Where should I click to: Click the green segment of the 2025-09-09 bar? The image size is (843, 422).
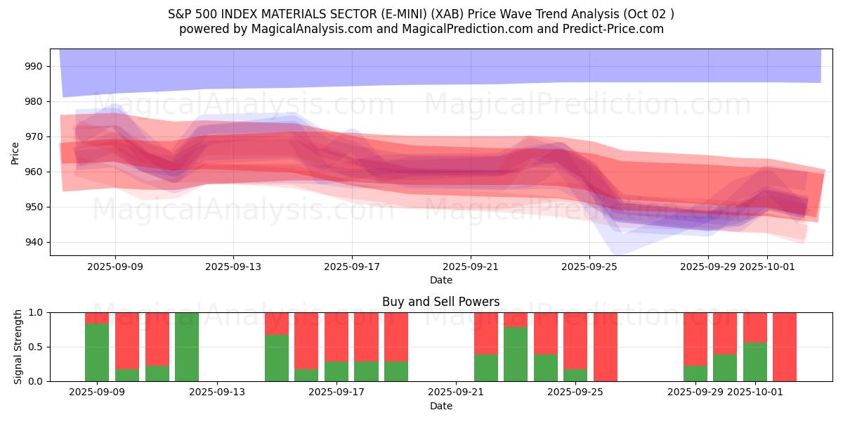click(97, 352)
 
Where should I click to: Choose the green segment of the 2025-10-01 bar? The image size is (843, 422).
click(755, 362)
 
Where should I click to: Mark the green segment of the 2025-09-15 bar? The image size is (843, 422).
click(277, 358)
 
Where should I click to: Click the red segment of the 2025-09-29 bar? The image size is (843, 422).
click(695, 338)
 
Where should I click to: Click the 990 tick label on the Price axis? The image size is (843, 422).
click(34, 66)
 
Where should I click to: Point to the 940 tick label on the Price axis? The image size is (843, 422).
click(34, 242)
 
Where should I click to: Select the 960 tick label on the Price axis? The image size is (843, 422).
click(34, 172)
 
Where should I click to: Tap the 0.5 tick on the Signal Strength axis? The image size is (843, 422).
click(36, 347)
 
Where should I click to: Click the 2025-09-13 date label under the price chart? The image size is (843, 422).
click(234, 267)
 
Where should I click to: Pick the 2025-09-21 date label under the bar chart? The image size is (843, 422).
click(456, 392)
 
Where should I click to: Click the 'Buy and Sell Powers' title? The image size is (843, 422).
click(441, 302)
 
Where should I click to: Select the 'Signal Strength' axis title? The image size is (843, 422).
click(18, 347)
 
